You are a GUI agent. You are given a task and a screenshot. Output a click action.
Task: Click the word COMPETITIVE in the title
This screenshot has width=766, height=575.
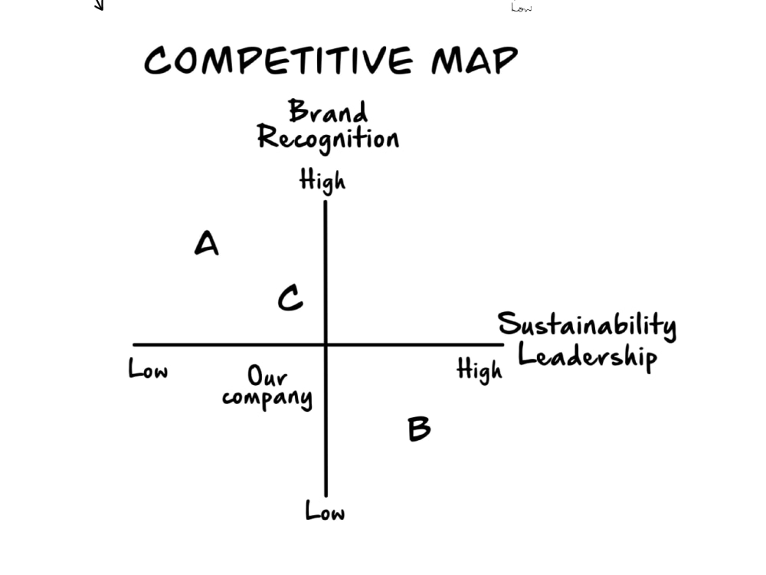click(279, 61)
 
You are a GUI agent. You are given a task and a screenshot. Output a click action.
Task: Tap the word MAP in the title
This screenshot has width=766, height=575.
click(474, 61)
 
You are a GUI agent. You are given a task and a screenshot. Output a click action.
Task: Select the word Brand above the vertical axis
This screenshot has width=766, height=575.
click(327, 111)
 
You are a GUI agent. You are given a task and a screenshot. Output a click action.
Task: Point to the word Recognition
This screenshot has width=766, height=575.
click(329, 138)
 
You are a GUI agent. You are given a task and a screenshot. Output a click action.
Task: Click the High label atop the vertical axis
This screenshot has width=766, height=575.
click(322, 181)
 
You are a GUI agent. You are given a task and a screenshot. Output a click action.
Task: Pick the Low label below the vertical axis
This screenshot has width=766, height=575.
click(325, 511)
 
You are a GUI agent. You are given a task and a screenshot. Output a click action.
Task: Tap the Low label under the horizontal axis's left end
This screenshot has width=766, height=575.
click(148, 369)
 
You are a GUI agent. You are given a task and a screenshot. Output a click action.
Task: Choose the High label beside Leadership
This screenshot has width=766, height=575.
click(480, 370)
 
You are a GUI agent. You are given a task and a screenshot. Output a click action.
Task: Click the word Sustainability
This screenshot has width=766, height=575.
click(587, 325)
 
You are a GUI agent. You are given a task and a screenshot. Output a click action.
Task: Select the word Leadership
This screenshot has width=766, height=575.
click(588, 356)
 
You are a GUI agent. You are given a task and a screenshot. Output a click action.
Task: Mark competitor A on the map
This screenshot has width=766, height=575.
click(207, 243)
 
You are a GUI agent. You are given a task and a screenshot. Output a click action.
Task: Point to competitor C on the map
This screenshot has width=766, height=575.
click(290, 297)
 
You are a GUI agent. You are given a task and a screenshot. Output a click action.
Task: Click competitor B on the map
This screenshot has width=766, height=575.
click(419, 429)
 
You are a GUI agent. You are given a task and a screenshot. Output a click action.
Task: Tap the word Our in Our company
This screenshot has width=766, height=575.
click(267, 376)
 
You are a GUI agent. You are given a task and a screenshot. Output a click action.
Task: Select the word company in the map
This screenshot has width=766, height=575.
click(267, 399)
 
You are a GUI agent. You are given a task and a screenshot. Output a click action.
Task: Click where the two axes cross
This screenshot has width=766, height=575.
click(326, 345)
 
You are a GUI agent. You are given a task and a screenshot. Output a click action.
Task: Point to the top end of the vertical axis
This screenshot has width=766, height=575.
click(326, 202)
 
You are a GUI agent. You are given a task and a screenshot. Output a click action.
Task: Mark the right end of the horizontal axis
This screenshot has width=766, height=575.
click(503, 345)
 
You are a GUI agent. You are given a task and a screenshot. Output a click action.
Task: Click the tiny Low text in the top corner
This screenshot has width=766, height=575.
click(522, 8)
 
